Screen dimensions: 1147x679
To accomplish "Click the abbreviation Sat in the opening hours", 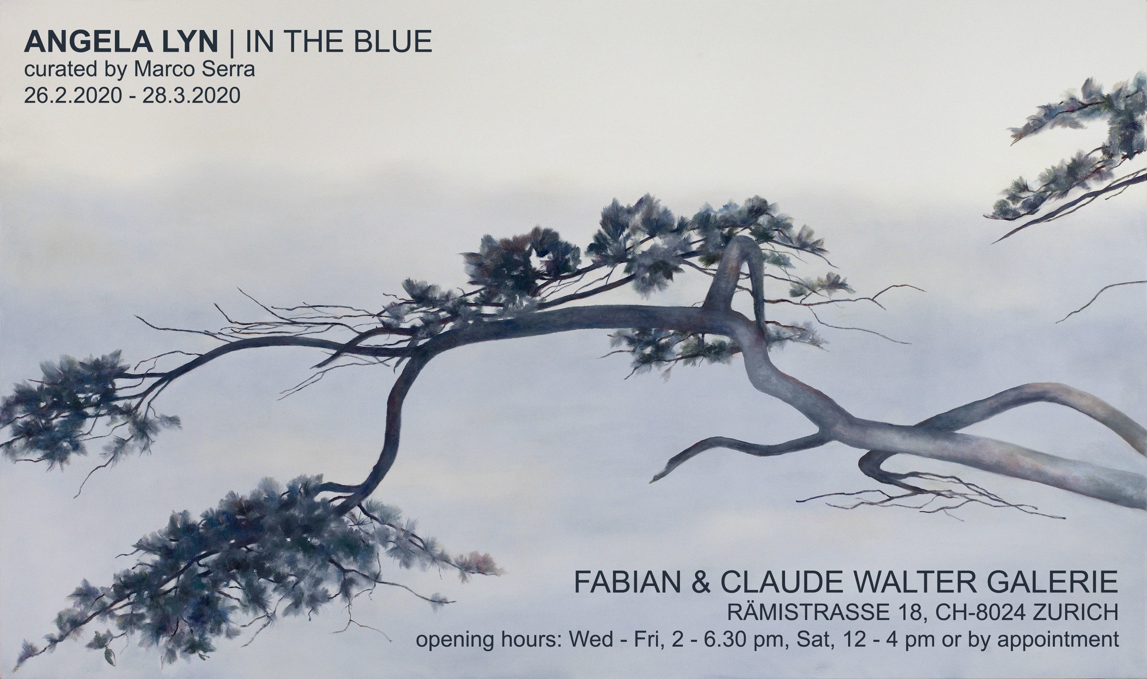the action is [x=809, y=639].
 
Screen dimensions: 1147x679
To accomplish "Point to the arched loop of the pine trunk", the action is [x=744, y=247].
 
